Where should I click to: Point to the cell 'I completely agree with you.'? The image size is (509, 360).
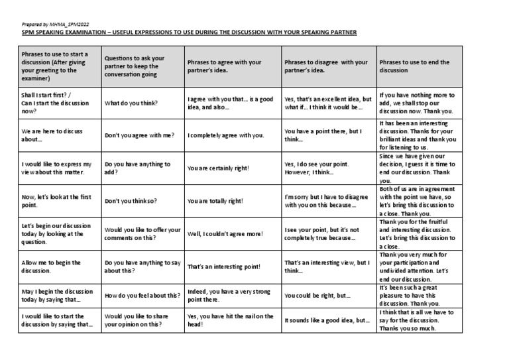[x=225, y=135]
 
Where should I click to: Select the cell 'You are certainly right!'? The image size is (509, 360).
[x=218, y=168]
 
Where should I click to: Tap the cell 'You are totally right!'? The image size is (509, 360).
[x=215, y=201]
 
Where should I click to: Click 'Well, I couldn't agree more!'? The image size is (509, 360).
[x=225, y=234]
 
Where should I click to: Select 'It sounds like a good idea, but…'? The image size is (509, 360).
[x=326, y=320]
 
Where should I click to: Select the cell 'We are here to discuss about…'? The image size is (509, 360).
[x=52, y=135]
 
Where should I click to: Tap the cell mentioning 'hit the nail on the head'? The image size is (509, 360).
[x=230, y=320]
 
